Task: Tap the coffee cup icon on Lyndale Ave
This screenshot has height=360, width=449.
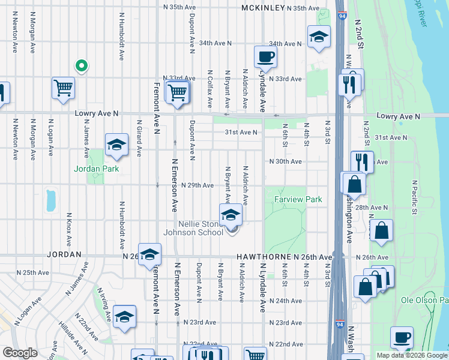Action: (x=265, y=58)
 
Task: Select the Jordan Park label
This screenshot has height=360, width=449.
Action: (x=97, y=169)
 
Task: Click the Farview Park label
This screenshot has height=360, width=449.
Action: (x=298, y=199)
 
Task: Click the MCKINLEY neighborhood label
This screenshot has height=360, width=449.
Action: (x=262, y=8)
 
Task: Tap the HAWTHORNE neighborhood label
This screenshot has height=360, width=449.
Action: (x=264, y=257)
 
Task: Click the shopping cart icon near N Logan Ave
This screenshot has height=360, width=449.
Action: (x=63, y=88)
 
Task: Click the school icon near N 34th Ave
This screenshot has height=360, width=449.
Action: (x=319, y=37)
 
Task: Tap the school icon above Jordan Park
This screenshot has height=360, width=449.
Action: (x=116, y=145)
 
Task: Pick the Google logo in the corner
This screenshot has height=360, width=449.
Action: (x=20, y=353)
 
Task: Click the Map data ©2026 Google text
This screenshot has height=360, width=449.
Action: (x=412, y=355)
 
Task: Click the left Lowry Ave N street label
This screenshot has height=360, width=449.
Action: (x=97, y=113)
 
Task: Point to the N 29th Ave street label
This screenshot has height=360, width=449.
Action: (x=197, y=185)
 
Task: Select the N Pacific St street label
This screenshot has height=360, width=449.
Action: (x=414, y=197)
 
